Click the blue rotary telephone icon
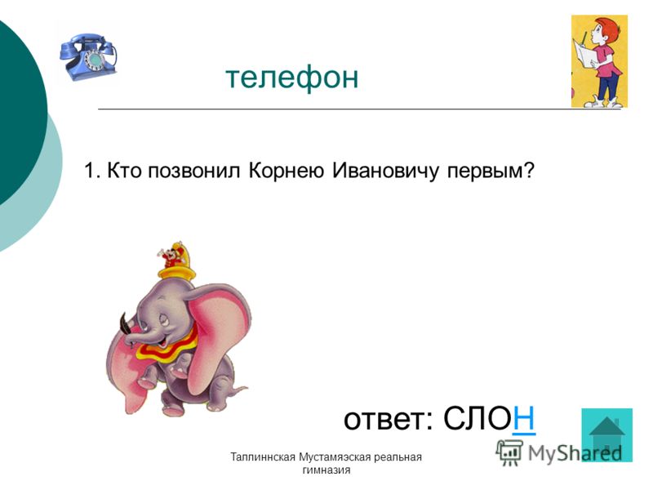click(x=88, y=56)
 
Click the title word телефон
click(x=292, y=77)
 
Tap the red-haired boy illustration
click(x=599, y=61)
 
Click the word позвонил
click(x=194, y=171)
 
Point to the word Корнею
click(x=287, y=171)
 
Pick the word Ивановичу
click(x=385, y=171)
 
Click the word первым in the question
click(x=486, y=171)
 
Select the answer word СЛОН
click(x=489, y=418)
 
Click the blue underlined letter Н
click(x=524, y=418)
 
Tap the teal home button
click(x=606, y=435)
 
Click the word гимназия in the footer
click(x=326, y=470)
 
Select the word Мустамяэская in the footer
click(x=335, y=457)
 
